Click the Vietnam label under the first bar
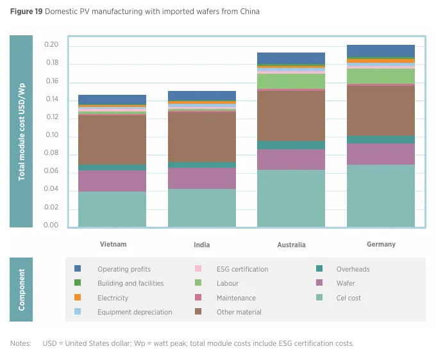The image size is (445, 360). pos(113,244)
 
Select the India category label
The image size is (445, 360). pos(201,245)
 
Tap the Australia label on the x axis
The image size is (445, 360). pos(291,245)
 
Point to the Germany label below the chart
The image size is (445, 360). pos(380,244)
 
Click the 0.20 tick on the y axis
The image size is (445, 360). pos(51,45)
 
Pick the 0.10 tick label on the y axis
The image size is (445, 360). pos(51,136)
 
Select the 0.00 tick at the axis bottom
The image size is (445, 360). pos(51,225)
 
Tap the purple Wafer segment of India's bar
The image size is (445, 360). pos(201,178)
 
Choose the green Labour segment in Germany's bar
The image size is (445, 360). pos(380,76)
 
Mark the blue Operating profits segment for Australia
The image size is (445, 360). pos(291,58)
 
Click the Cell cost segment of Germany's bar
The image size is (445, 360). pos(380,195)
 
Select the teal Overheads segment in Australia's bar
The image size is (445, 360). pos(291,145)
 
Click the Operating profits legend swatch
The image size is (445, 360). pos(78,269)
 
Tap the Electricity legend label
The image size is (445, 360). pos(113,298)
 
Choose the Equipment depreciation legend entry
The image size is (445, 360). pos(135,312)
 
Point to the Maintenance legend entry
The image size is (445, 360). pos(236,298)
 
